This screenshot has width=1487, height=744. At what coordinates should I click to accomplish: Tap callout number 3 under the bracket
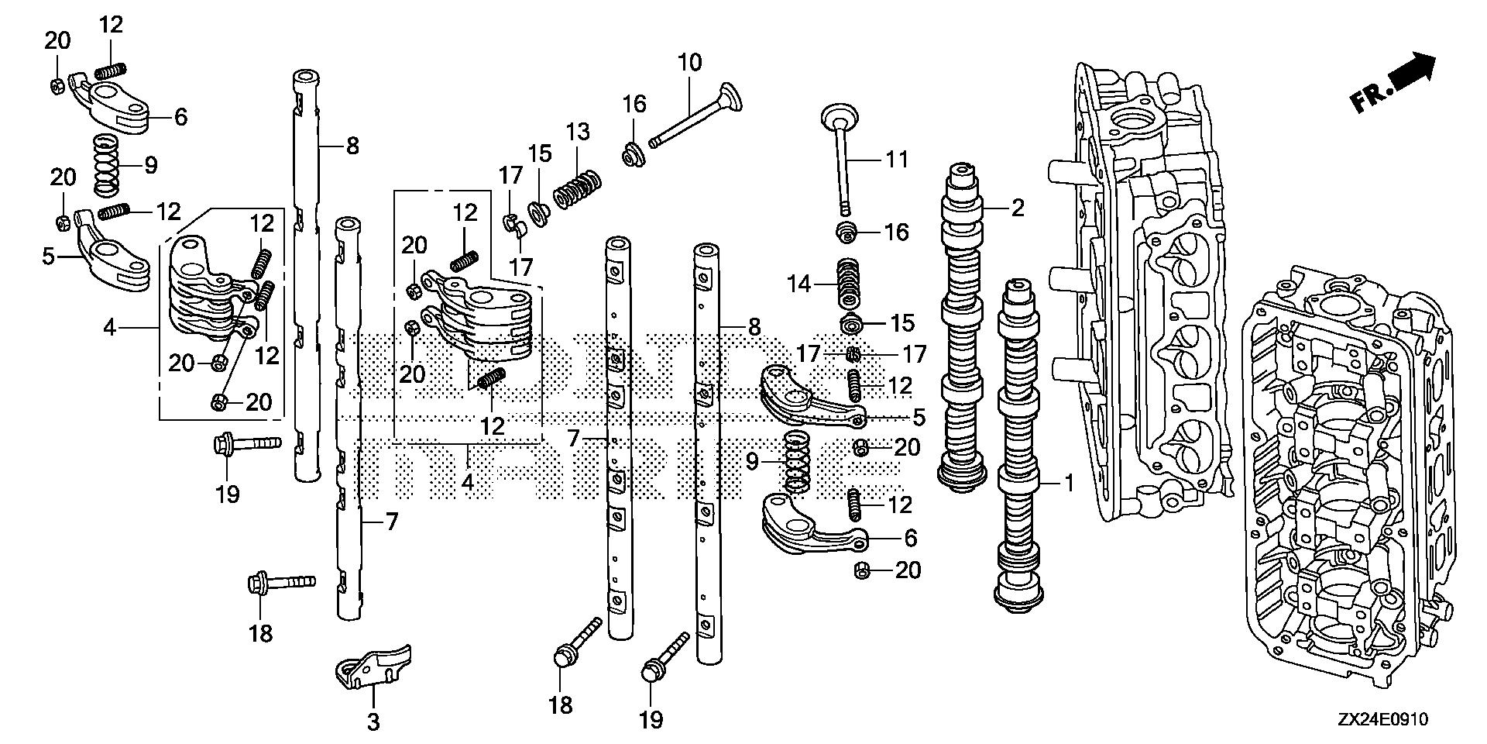click(373, 722)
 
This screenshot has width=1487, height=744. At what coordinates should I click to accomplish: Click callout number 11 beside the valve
click(896, 160)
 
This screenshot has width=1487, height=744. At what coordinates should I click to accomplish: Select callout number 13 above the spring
click(577, 132)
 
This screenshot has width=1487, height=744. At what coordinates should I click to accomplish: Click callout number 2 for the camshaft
click(1017, 207)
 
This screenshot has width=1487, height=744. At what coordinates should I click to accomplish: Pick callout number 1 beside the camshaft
click(1068, 484)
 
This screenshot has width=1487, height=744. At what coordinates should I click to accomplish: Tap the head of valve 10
click(730, 97)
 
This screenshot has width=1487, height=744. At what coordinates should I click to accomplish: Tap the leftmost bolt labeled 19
click(246, 445)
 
